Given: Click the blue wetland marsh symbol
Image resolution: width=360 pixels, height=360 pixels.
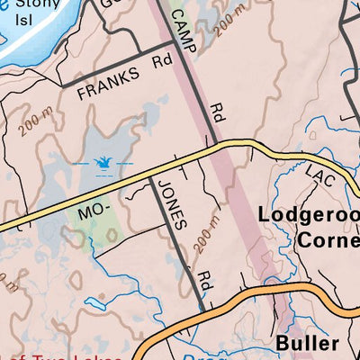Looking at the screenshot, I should pos(102,163).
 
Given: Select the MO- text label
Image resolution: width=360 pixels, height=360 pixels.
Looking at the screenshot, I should pos(93,213).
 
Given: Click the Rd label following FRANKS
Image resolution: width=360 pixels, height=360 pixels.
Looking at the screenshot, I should pos(161,61).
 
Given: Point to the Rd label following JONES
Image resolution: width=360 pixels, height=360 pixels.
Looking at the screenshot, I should pos(205,281).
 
